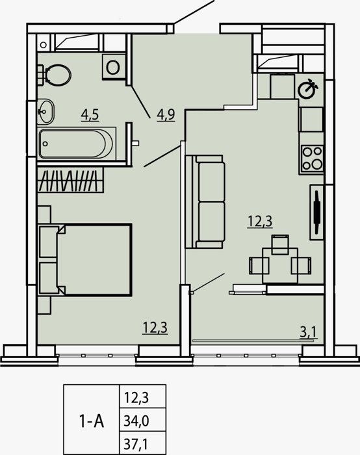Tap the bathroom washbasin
[46, 112]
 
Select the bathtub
[77, 144]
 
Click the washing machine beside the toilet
[114, 66]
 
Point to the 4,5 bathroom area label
[90, 115]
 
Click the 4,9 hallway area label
[166, 115]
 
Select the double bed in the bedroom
[85, 260]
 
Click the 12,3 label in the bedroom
[155, 328]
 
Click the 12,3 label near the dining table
[260, 222]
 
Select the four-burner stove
[312, 159]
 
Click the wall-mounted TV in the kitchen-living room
[316, 212]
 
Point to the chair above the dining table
[280, 244]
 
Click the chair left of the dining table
[259, 265]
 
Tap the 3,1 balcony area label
[309, 332]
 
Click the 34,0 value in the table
[136, 421]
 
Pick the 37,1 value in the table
[136, 444]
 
